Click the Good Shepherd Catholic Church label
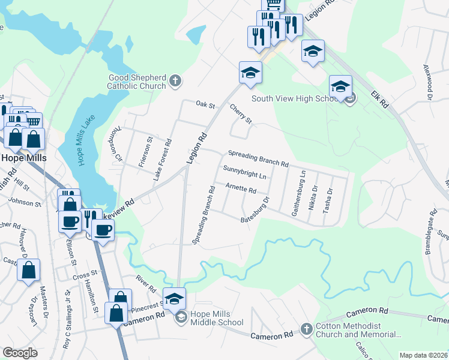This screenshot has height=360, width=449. coord(137,82)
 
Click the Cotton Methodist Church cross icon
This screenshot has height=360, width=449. coord(306,329)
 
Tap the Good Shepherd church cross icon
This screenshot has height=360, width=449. coord(175,80)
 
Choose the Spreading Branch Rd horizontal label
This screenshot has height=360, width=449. coord(258,160)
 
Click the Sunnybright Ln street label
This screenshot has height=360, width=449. coord(244,172)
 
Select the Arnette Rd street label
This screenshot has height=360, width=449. coord(241,189)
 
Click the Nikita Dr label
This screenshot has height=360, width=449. coord(315,196)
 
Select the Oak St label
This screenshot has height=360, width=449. coord(205,104)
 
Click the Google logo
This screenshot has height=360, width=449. coord(20,353)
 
